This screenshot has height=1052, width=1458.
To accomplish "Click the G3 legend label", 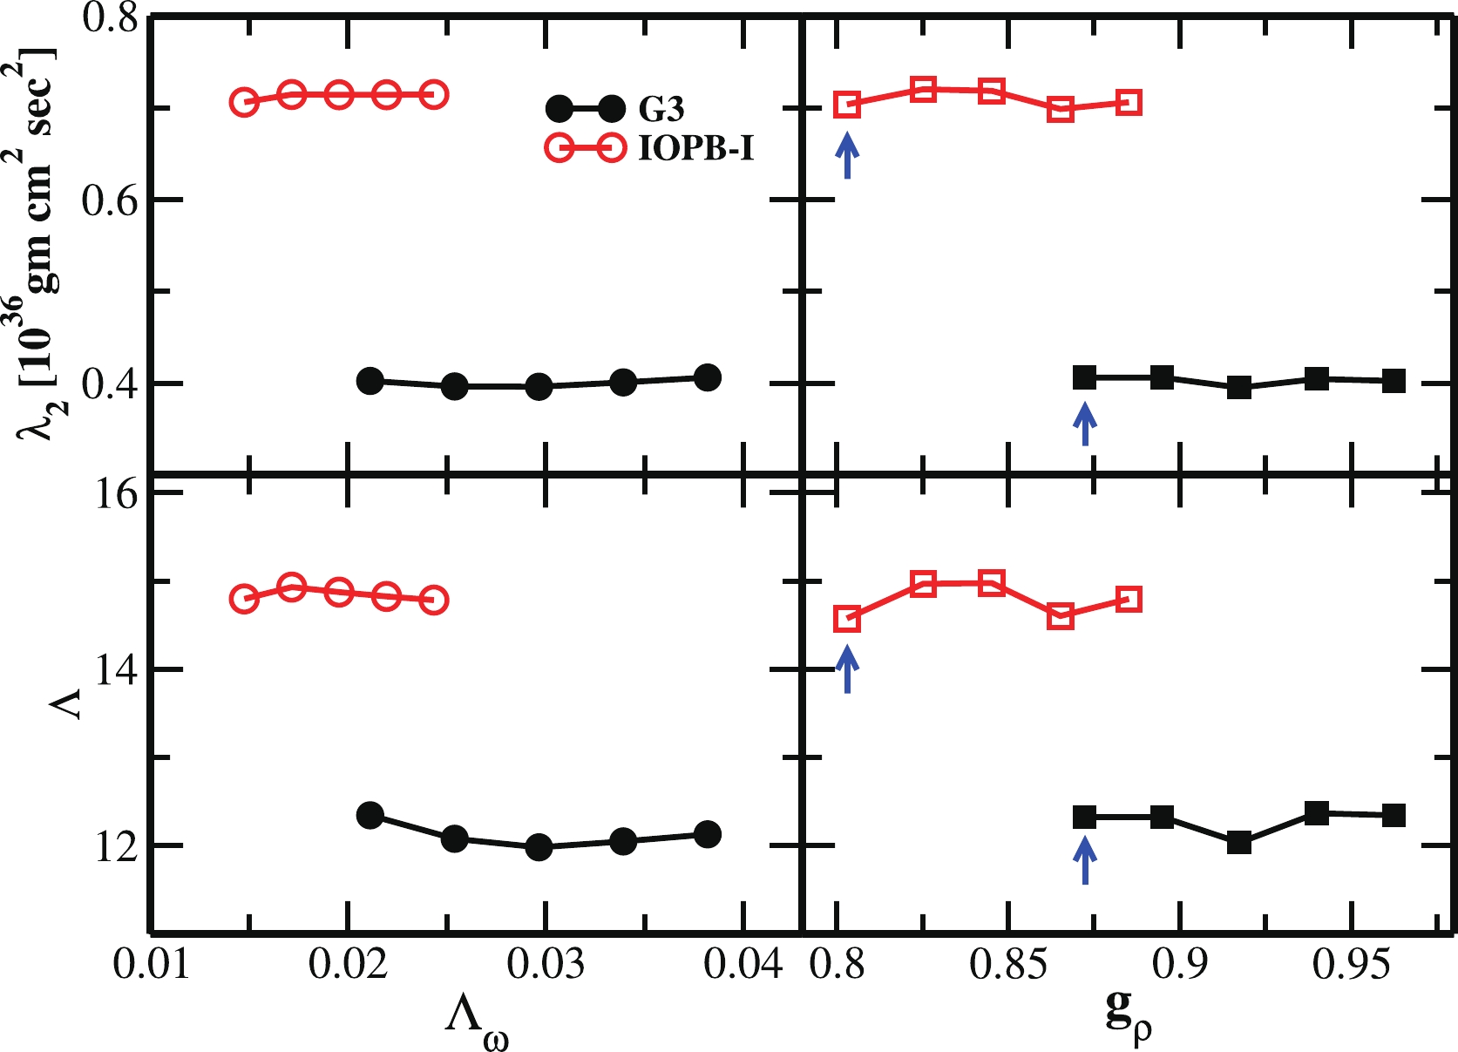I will [661, 109].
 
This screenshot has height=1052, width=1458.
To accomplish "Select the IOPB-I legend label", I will [695, 149].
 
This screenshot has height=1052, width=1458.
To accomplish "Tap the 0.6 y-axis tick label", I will [110, 200].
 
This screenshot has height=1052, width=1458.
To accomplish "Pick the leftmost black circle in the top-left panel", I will [370, 381].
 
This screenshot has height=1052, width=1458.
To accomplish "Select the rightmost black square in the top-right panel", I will [1394, 381].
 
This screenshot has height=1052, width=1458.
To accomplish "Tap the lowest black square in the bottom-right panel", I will [1239, 843].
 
